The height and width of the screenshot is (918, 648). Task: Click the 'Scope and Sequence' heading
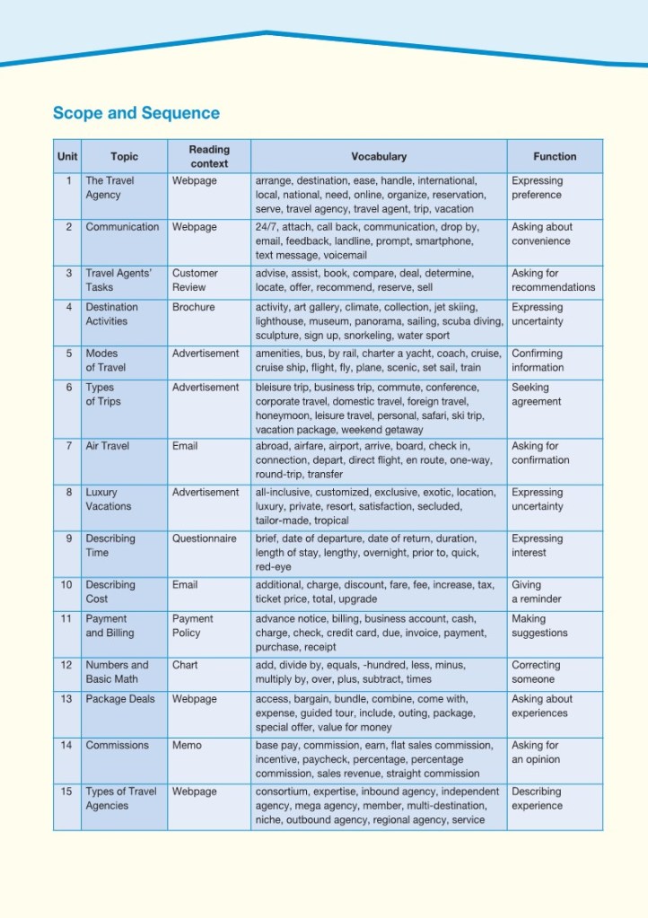(136, 113)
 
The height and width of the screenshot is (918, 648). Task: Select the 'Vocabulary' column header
(378, 156)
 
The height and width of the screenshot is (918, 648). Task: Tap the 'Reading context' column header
(209, 156)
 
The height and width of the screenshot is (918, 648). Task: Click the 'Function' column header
(554, 156)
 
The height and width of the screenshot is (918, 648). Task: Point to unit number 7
(68, 446)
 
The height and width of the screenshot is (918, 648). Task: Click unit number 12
(66, 666)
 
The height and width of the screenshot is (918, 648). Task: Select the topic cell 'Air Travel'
(108, 446)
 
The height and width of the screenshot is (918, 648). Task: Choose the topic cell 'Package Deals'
(120, 700)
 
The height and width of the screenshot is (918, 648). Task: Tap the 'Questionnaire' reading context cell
(205, 539)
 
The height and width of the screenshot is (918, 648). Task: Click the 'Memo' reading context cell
(187, 746)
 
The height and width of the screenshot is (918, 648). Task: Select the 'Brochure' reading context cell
(194, 307)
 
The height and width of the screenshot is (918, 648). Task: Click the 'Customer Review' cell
(195, 280)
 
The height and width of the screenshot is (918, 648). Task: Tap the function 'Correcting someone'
(536, 672)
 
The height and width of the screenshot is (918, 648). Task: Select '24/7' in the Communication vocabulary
(267, 227)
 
